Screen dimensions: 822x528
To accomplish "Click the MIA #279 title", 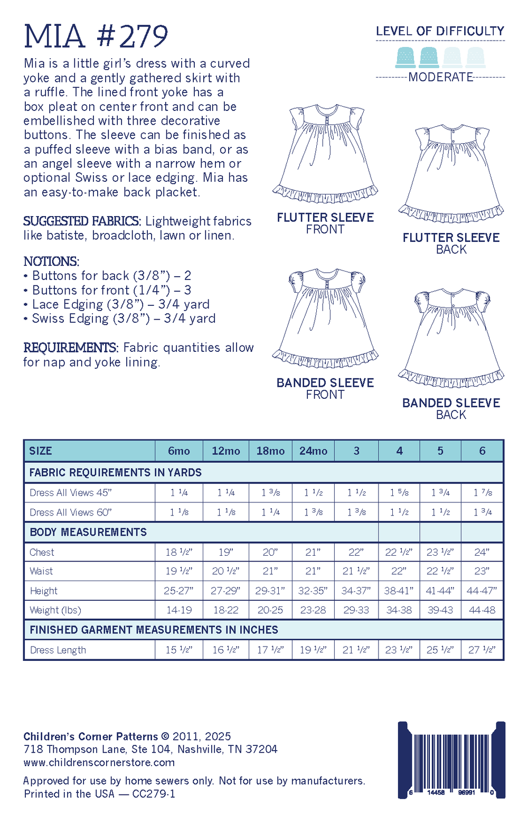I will (96, 36).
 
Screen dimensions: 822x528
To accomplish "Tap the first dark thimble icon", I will (406, 57).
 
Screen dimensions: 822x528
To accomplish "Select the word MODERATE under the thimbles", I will (440, 77).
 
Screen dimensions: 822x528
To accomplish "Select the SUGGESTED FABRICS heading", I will (82, 221).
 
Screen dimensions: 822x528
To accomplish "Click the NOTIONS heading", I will (51, 261).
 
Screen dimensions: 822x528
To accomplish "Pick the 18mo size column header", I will (270, 451).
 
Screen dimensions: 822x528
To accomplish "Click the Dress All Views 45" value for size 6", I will (483, 492).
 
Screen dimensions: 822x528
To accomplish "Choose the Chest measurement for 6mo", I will (179, 552).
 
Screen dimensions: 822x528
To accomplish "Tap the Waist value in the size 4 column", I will (399, 571).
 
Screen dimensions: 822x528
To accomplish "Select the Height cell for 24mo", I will (313, 591).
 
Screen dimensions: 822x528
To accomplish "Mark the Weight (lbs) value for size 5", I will (440, 610).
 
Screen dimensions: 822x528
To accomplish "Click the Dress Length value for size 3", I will (356, 650).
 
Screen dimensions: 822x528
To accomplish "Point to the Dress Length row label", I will (58, 650).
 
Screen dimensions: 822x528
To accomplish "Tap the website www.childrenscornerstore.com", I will (99, 762).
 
